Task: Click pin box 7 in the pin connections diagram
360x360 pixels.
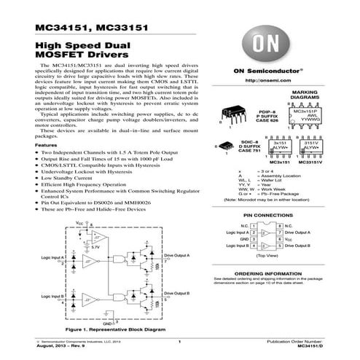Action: [278, 232]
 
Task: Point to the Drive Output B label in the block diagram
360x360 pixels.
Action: [177, 292]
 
